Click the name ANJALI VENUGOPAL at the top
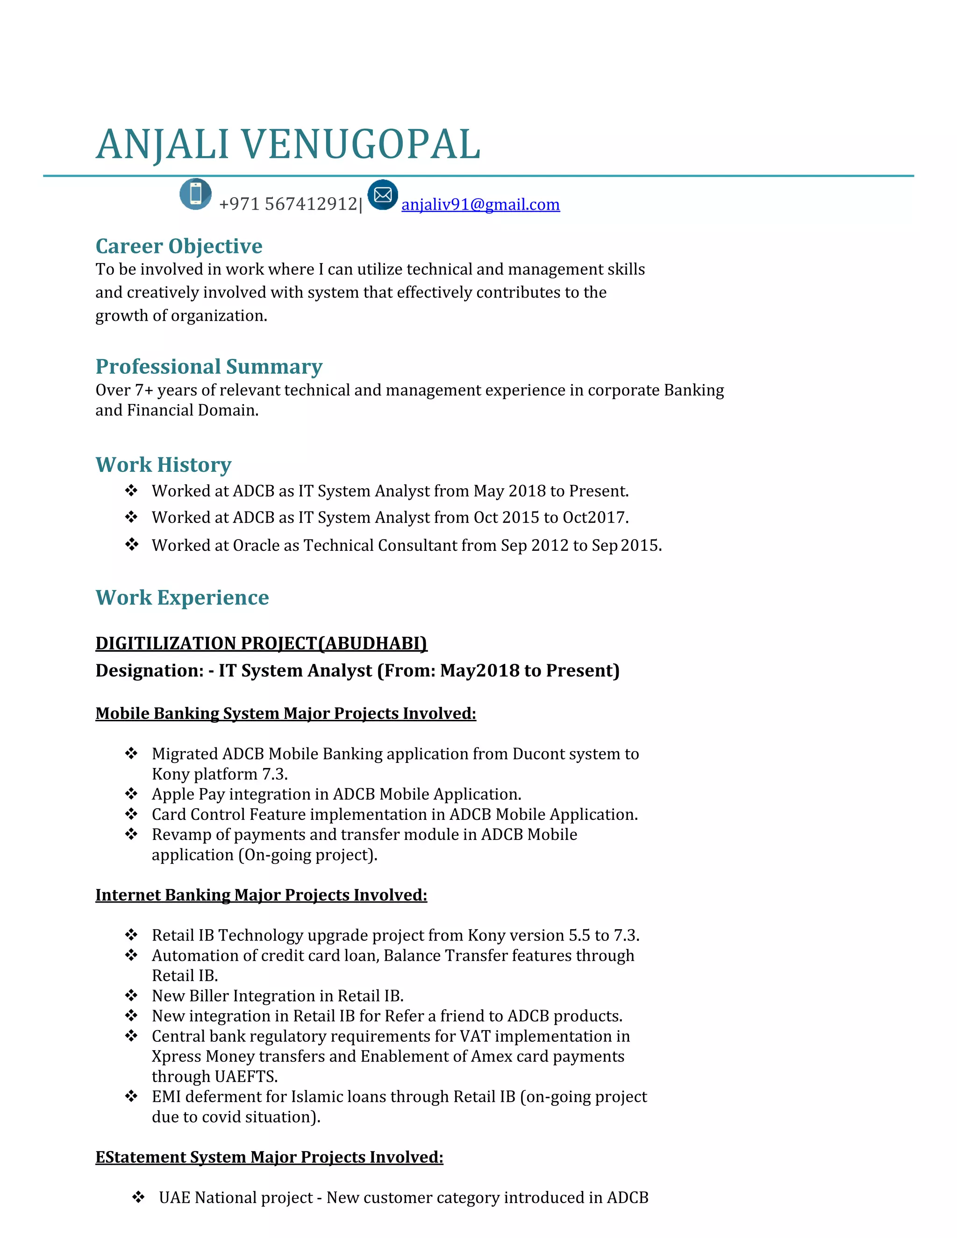coord(288,144)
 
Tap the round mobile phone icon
coord(196,194)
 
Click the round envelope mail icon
coord(383,195)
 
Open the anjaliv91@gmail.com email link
coord(480,204)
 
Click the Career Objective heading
coord(179,246)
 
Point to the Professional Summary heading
coord(208,367)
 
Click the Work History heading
coord(163,465)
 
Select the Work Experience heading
coord(182,598)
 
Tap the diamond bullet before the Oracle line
coord(131,544)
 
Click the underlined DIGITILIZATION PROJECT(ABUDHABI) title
coord(261,643)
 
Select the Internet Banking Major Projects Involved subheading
coord(261,895)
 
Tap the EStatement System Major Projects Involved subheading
coord(269,1157)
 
